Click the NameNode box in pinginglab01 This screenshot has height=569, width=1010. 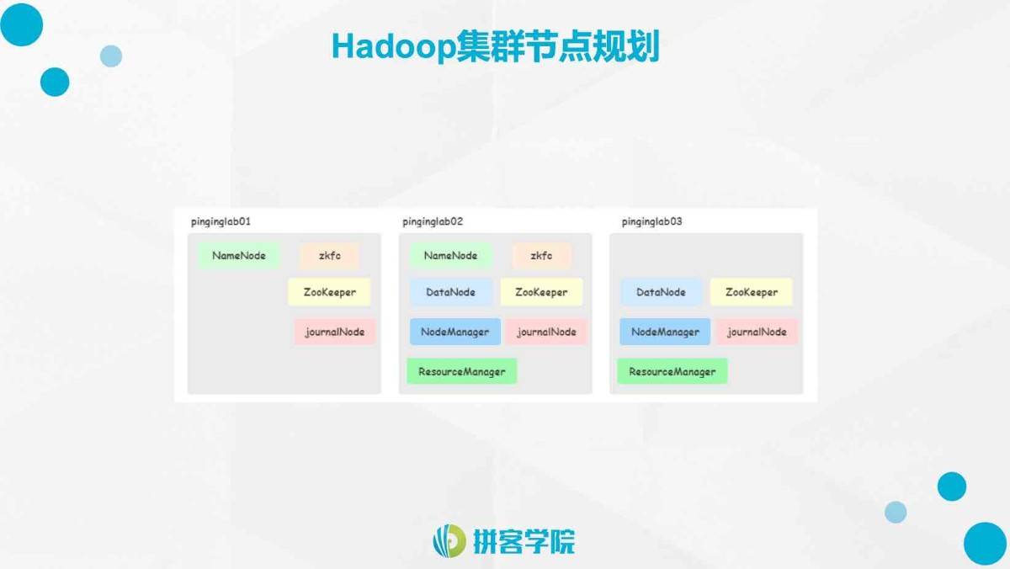(x=238, y=256)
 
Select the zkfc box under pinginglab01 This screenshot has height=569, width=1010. (x=329, y=256)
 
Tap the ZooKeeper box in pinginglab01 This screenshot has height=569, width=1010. (x=329, y=292)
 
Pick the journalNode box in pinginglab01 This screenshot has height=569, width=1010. (x=335, y=332)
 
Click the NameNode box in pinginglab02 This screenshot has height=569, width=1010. (x=450, y=256)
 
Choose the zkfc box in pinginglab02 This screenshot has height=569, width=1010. (x=541, y=256)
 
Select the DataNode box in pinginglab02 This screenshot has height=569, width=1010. (x=450, y=292)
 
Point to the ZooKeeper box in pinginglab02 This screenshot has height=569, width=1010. (x=541, y=292)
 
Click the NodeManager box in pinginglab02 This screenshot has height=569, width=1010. (x=455, y=332)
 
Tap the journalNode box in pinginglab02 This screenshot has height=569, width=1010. (x=546, y=332)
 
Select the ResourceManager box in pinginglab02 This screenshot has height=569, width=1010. (x=462, y=371)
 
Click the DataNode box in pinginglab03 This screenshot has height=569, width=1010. (x=661, y=292)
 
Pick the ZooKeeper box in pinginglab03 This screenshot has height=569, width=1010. (x=751, y=292)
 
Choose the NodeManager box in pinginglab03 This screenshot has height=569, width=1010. (x=665, y=332)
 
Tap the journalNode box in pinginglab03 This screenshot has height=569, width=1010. (x=757, y=332)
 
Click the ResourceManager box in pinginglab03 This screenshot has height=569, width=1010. (x=672, y=371)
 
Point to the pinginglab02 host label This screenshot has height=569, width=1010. (x=433, y=221)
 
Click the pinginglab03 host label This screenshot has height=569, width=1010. (x=651, y=221)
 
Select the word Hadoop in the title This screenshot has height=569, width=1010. (x=394, y=46)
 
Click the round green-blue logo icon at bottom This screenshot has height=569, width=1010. (x=449, y=540)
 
